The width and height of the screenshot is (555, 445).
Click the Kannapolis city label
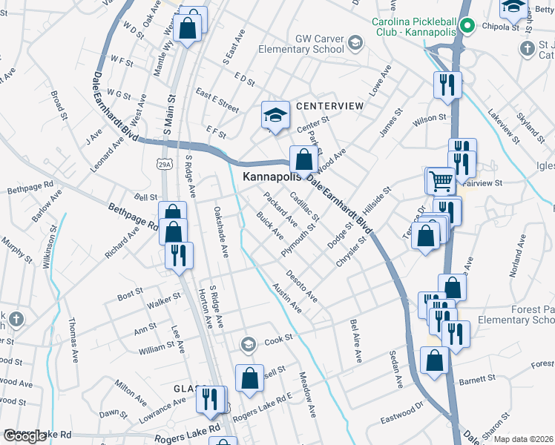[272, 177]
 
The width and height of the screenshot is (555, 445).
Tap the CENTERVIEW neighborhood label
[329, 106]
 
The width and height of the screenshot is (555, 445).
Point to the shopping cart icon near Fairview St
[440, 179]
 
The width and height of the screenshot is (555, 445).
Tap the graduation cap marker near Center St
[275, 116]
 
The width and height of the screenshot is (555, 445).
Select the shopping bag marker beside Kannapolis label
[303, 158]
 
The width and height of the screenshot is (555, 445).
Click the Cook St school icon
[249, 343]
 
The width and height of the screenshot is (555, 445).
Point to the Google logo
[24, 436]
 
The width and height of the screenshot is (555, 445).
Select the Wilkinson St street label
[50, 245]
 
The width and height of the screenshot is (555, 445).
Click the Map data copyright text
[523, 438]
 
